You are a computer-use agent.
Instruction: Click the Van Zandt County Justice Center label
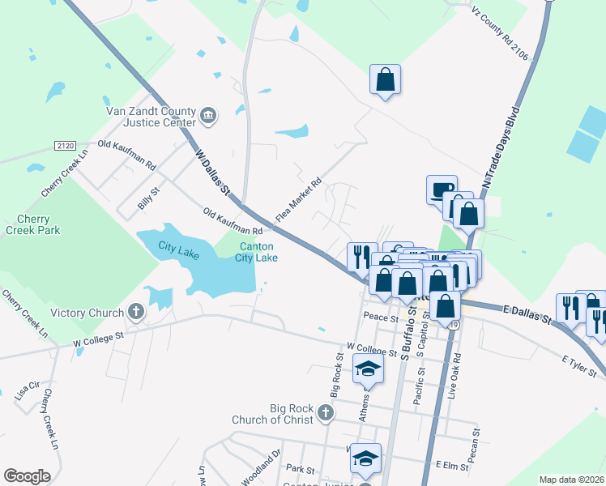point(151,117)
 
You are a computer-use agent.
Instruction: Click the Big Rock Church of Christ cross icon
point(325,414)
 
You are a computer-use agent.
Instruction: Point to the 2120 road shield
point(66,146)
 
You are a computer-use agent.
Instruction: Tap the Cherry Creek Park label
point(32,224)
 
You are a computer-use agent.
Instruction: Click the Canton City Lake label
point(257,252)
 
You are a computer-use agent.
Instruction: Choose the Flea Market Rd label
point(299,200)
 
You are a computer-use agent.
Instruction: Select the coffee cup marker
point(442,190)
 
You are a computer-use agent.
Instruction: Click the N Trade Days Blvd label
point(500,146)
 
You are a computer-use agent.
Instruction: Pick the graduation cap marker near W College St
point(368,370)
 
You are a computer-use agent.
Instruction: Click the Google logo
point(27,476)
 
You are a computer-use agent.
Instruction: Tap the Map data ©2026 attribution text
point(572,480)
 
